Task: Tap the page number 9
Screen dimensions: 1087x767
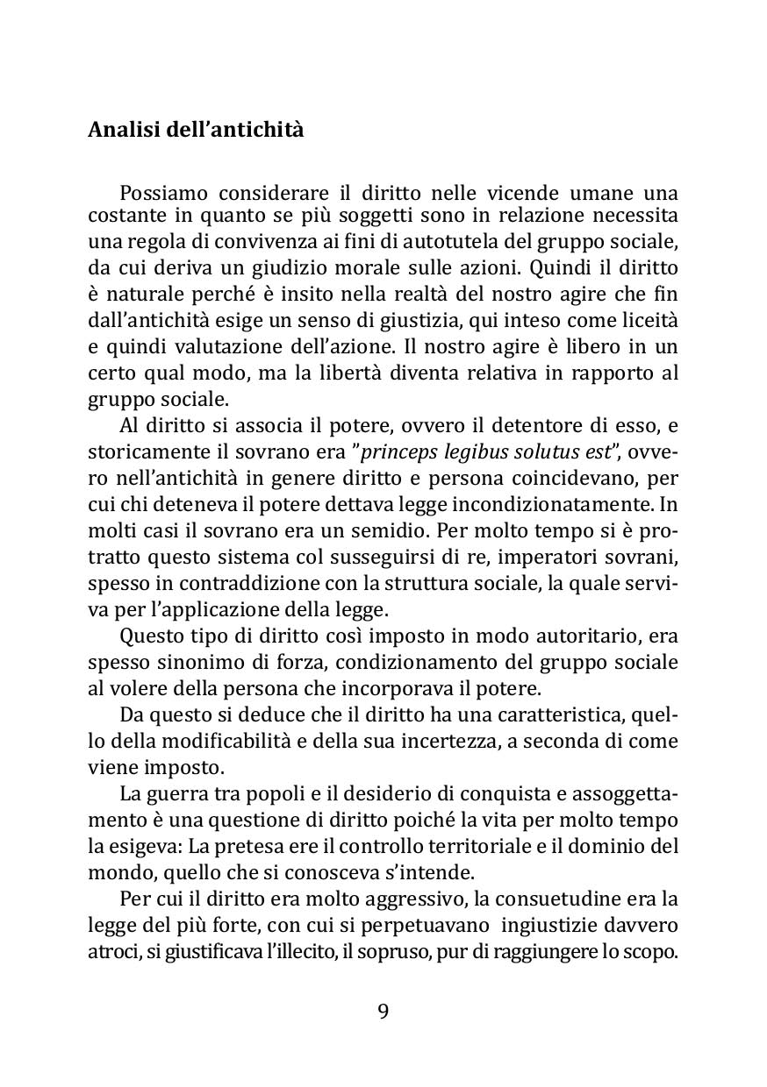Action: tap(383, 1011)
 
